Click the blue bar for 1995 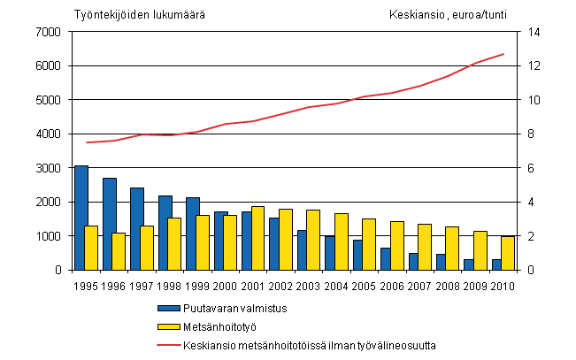pyautogui.click(x=81, y=218)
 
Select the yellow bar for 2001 pyautogui.click(x=257, y=238)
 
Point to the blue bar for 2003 pyautogui.click(x=303, y=250)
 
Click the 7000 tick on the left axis pyautogui.click(x=48, y=32)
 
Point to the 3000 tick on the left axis pyautogui.click(x=48, y=168)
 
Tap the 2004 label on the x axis pyautogui.click(x=337, y=285)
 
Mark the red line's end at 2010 pyautogui.click(x=503, y=54)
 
